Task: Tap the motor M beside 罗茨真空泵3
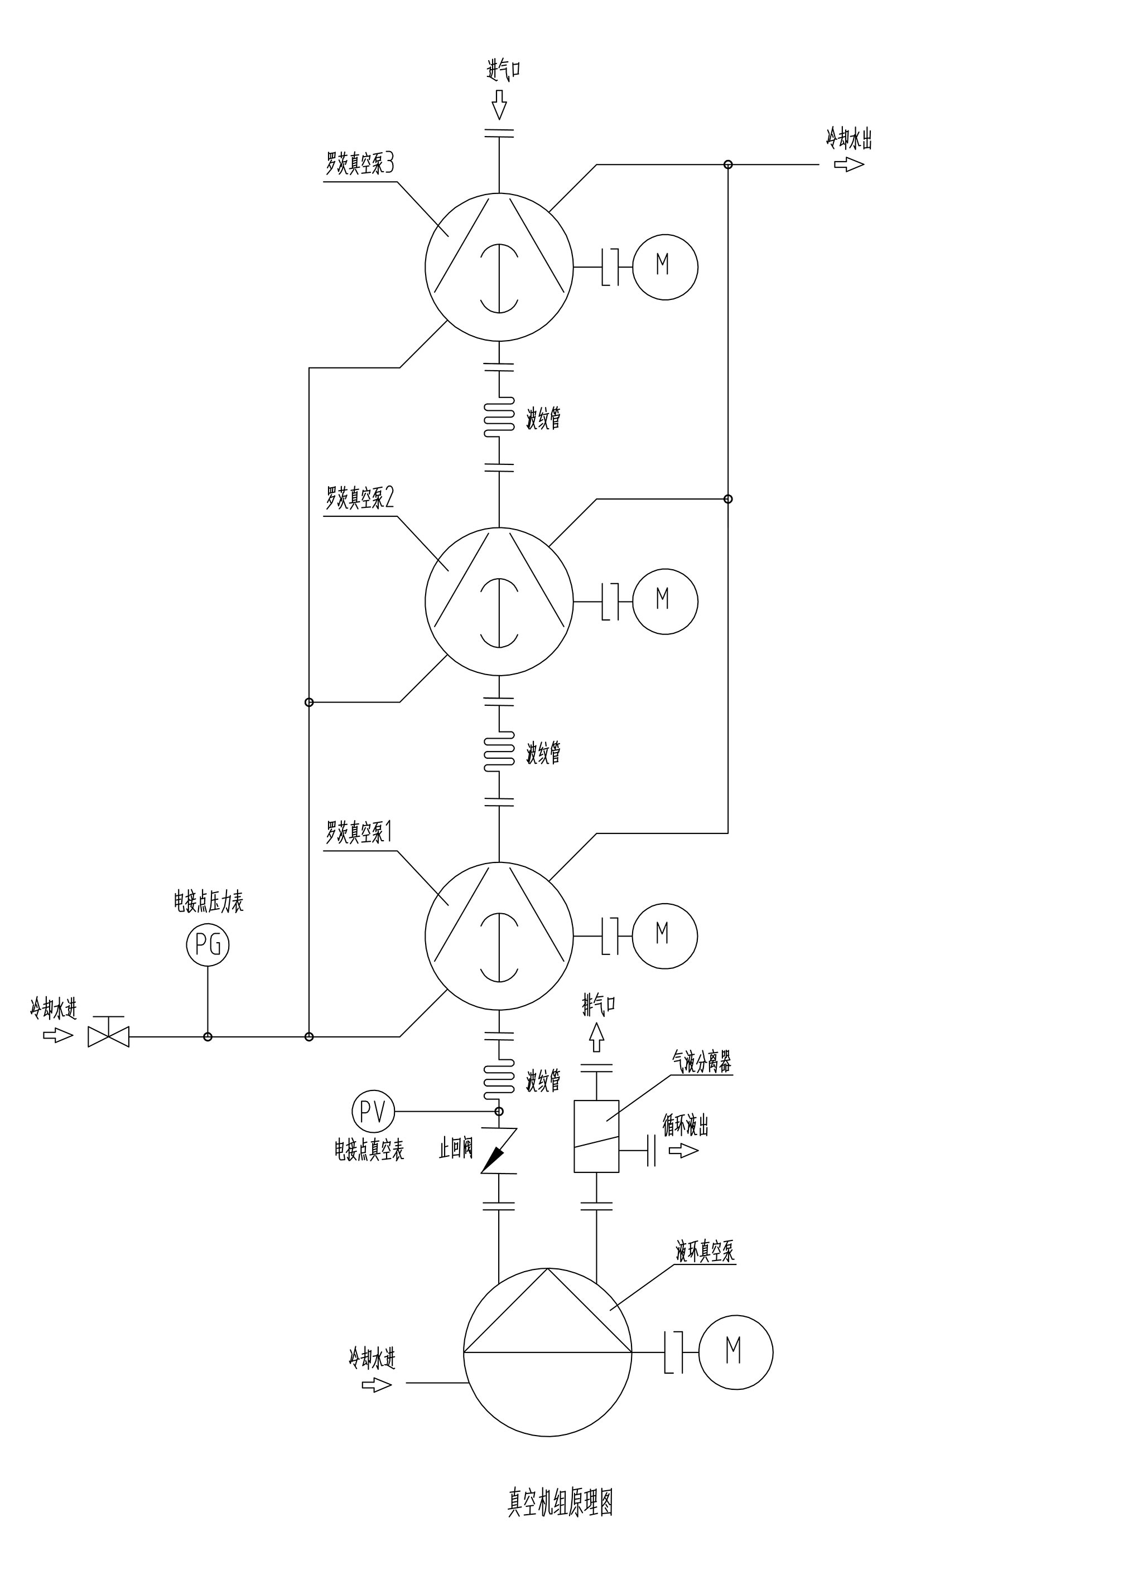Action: [x=665, y=266]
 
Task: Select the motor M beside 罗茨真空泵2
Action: [x=665, y=601]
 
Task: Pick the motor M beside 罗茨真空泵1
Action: [x=665, y=935]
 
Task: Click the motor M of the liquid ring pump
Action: [x=735, y=1352]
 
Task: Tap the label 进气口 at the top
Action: [x=504, y=70]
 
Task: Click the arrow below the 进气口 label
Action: [x=499, y=106]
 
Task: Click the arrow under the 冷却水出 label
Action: [x=849, y=164]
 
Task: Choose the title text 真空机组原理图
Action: [x=560, y=1501]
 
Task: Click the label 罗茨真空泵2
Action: [x=360, y=497]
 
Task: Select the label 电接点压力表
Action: [x=209, y=901]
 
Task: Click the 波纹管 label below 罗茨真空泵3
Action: [x=543, y=419]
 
